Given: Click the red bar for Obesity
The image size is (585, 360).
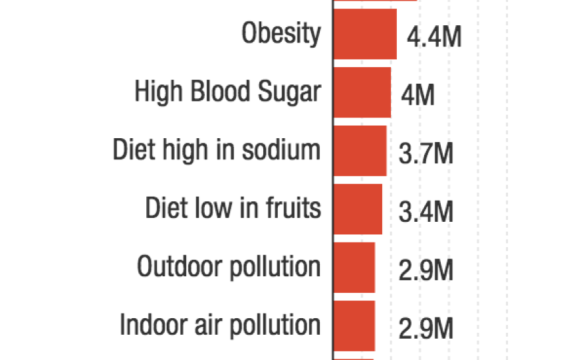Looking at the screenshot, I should (x=364, y=35).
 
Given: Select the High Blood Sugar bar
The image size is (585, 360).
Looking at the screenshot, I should (x=362, y=92).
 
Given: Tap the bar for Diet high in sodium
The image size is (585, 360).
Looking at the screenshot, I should (x=359, y=151).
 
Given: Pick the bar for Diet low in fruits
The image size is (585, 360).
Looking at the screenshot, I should (x=357, y=209).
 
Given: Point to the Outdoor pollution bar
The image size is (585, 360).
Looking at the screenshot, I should (x=354, y=267).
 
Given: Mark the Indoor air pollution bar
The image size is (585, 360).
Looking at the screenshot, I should (x=354, y=325).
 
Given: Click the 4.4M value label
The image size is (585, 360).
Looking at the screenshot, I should (x=433, y=37).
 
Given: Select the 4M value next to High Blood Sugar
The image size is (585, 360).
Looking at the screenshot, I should (x=417, y=96).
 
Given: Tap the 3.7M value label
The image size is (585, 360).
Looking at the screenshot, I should (x=426, y=154).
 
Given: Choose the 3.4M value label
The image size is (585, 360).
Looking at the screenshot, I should (x=426, y=213).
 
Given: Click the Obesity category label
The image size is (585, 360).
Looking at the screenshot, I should (x=281, y=33).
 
